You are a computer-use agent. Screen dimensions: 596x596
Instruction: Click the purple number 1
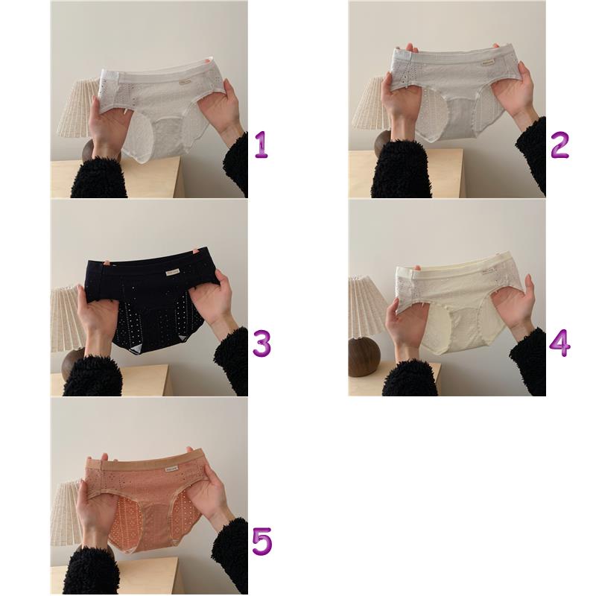[x=261, y=145]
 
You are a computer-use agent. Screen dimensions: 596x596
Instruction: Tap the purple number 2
[x=559, y=145]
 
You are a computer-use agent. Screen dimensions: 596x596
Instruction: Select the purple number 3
[x=262, y=343]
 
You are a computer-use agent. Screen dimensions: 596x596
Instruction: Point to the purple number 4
[x=559, y=343]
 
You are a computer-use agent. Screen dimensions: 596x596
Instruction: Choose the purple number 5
[x=262, y=541]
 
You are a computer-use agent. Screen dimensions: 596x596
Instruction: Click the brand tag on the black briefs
[x=173, y=272]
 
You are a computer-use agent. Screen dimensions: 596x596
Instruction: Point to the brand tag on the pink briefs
[x=172, y=469]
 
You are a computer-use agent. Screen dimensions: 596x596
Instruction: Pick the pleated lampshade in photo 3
[x=69, y=320]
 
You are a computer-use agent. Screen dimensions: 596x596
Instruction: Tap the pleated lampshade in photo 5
[x=66, y=513]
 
